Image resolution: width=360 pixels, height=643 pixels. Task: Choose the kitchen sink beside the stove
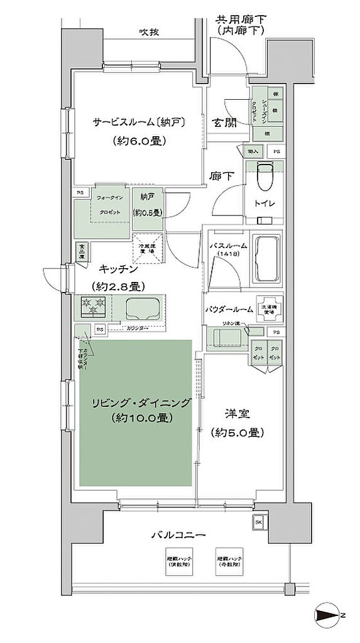tap(144, 308)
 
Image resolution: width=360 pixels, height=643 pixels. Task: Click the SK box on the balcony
tap(259, 521)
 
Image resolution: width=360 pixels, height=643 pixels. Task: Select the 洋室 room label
tap(237, 414)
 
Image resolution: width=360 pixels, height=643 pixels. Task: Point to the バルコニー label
tap(178, 536)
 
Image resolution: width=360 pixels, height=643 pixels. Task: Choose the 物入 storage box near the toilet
tap(253, 151)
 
